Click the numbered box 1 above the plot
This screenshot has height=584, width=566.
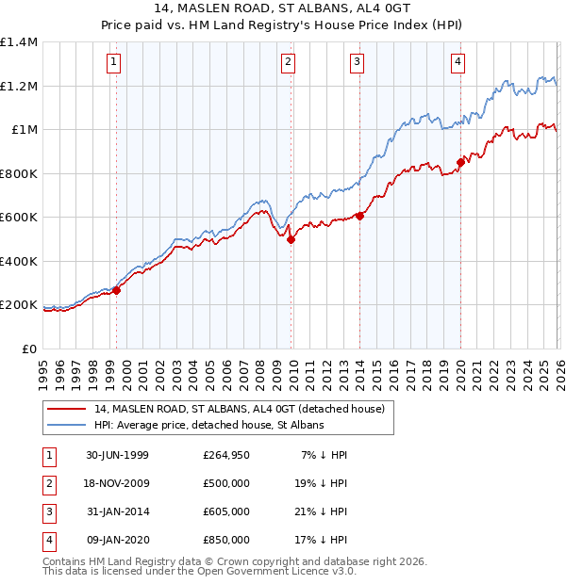tap(114, 63)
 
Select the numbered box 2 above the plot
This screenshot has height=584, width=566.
tap(287, 63)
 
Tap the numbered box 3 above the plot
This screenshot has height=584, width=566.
tap(358, 63)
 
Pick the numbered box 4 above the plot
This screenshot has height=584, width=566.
tap(457, 63)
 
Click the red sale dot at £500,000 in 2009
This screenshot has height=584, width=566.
tap(291, 239)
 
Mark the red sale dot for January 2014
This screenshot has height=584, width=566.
tap(359, 216)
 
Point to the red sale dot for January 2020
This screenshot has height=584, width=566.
tap(460, 162)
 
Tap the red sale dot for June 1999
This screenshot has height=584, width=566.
tap(117, 290)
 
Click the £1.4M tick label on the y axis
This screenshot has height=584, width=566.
tap(19, 42)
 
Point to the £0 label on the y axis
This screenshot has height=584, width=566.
tap(29, 349)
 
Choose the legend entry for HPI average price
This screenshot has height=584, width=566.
tap(208, 426)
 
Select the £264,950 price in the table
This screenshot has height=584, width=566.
tap(225, 455)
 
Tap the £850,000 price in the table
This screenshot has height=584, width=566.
tap(225, 540)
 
